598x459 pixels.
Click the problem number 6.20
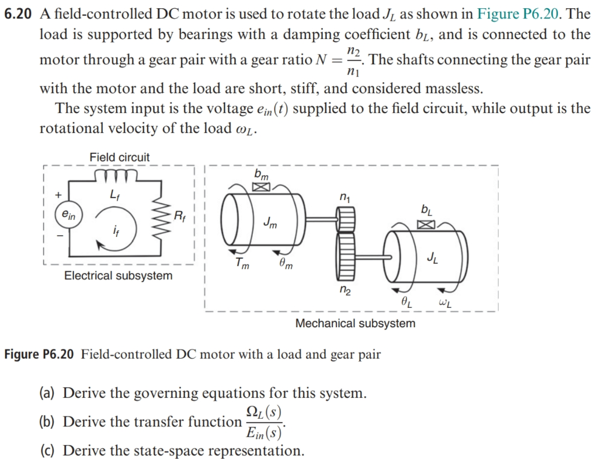pyautogui.click(x=19, y=13)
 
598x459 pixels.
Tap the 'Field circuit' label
pyautogui.click(x=119, y=157)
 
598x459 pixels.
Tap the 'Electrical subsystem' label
pyautogui.click(x=118, y=275)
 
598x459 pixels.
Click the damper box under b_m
pyautogui.click(x=260, y=188)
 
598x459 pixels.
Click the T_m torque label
pyautogui.click(x=241, y=264)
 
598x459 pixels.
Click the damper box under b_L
pyautogui.click(x=427, y=225)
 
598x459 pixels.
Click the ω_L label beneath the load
pyautogui.click(x=447, y=303)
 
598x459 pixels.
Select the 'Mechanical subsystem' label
pyautogui.click(x=355, y=323)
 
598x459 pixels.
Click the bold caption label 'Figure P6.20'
pyautogui.click(x=39, y=354)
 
